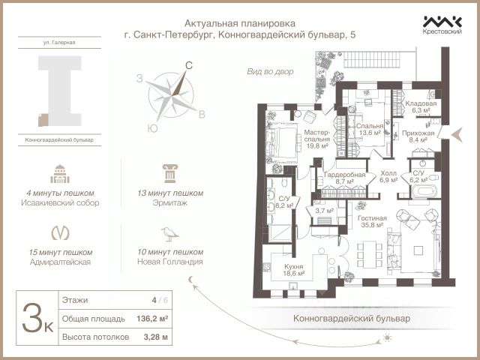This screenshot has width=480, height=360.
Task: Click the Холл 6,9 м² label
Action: (388, 177)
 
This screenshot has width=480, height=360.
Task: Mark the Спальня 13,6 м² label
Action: (370, 129)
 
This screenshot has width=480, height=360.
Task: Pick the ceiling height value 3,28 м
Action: (155, 337)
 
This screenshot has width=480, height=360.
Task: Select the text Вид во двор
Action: (270, 72)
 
